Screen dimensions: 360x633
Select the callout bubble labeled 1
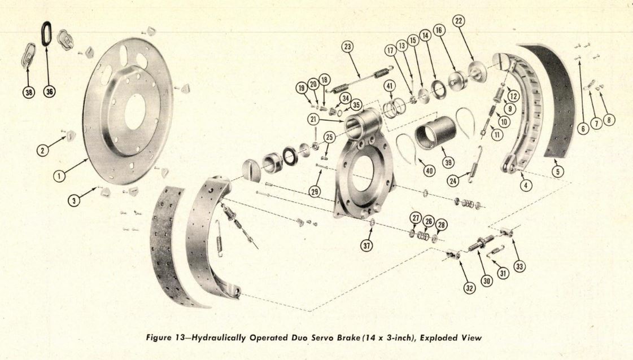point(59,175)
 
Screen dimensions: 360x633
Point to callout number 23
point(347,47)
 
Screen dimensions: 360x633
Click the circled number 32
point(469,287)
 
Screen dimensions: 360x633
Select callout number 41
point(389,86)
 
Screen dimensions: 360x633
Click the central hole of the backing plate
point(135,111)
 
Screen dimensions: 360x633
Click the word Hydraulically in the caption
point(217,338)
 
